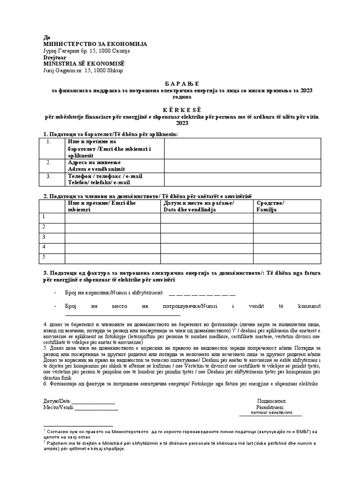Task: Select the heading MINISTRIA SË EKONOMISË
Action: click(84, 63)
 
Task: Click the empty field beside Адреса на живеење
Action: click(242, 165)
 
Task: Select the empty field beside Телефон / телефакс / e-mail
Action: click(242, 179)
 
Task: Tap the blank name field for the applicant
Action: click(242, 148)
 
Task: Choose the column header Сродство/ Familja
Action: click(270, 206)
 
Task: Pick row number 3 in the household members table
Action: click(44, 237)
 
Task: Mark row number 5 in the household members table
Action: click(44, 257)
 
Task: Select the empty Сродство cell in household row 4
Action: click(286, 247)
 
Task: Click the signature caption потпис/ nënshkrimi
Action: click(271, 413)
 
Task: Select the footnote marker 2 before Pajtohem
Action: click(44, 441)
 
